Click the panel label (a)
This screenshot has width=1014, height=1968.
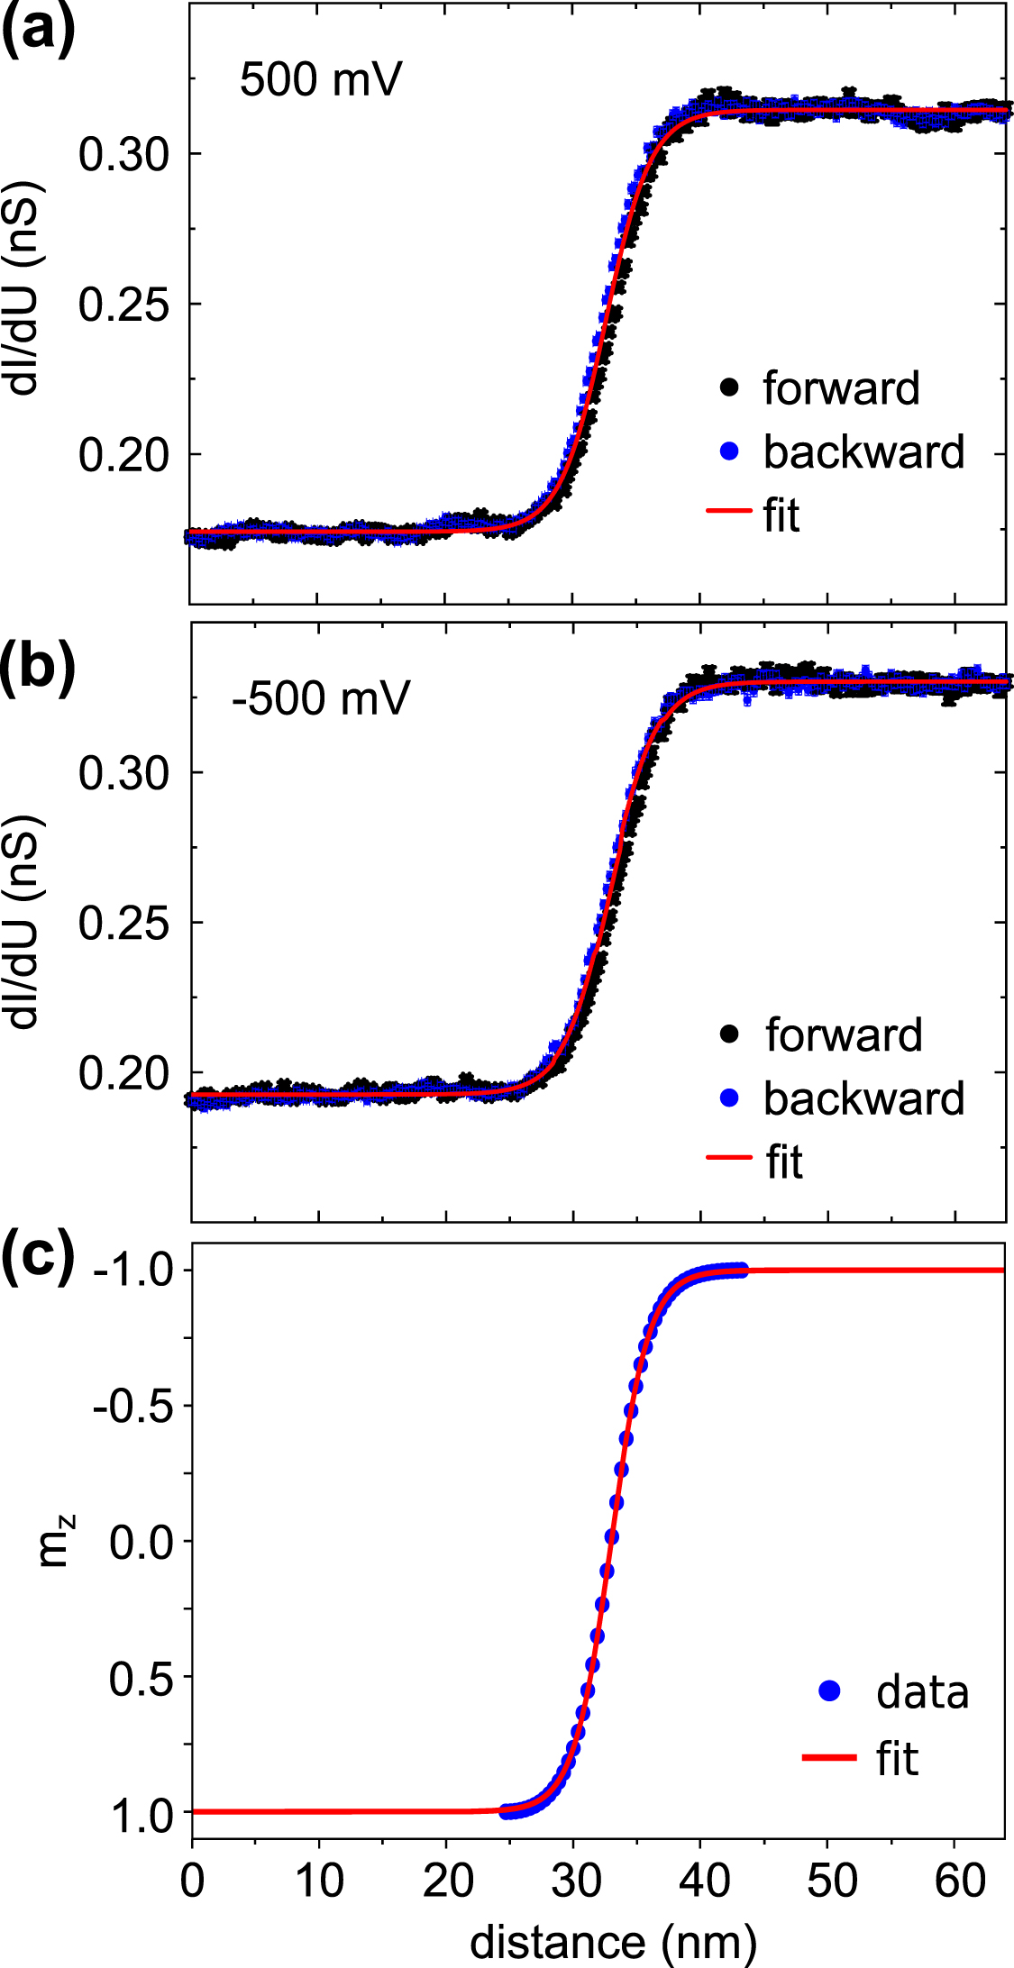[38, 31]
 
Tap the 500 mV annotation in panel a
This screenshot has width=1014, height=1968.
[320, 79]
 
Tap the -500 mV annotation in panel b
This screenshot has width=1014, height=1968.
[320, 698]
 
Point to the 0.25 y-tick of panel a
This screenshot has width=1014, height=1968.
[123, 305]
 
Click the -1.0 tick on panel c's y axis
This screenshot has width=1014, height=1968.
[132, 1271]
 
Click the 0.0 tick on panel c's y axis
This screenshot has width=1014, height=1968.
[141, 1542]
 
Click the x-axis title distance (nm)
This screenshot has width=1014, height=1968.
[613, 1943]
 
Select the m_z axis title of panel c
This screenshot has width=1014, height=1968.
[56, 1542]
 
